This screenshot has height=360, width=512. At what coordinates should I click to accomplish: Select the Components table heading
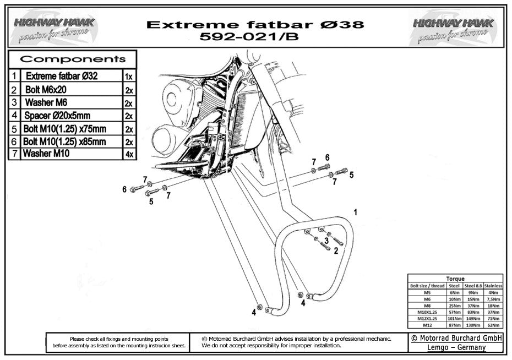(x=73, y=59)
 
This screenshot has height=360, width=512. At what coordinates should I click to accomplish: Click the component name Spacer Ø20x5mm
(x=57, y=116)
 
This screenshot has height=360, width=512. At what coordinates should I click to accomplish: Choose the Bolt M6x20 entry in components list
(x=46, y=89)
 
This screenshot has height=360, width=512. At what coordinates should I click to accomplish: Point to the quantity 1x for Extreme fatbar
(x=128, y=77)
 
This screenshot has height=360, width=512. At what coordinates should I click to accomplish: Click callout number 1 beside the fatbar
(x=356, y=212)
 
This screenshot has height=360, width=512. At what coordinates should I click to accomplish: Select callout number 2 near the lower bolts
(x=335, y=250)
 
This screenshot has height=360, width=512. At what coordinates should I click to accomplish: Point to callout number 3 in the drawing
(x=326, y=241)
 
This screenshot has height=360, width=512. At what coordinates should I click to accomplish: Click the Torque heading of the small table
(x=455, y=279)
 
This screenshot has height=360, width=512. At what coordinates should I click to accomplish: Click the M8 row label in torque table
(x=427, y=306)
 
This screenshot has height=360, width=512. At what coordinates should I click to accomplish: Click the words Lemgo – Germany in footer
(x=456, y=347)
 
